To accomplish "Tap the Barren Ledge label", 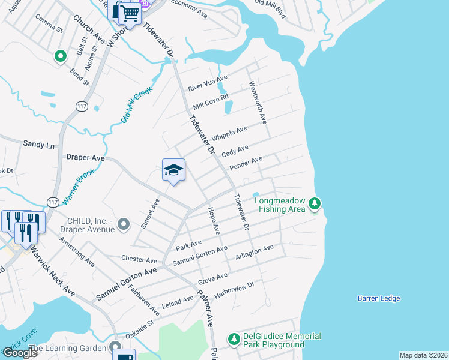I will coord(378,298).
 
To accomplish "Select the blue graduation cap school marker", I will coord(173,170).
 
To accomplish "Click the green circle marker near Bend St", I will coord(60,57).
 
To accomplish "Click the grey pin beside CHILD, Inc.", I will coord(124,224).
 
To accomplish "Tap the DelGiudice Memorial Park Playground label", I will coord(281,340).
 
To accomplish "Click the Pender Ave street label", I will coord(246,163).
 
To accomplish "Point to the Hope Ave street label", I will coord(214,220).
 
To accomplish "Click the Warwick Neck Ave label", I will coord(53,271).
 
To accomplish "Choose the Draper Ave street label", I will coord(85,157).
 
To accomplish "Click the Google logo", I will coord(20,353).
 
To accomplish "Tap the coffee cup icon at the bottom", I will coord(124,357).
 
